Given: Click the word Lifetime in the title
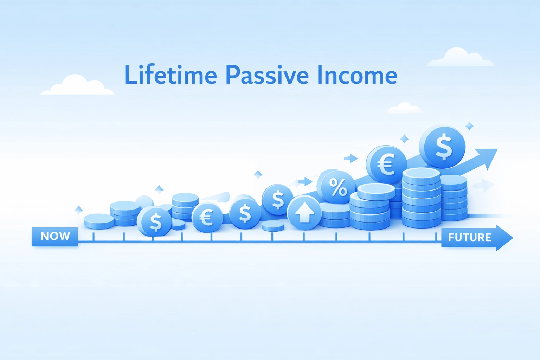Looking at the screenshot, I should coord(171,75).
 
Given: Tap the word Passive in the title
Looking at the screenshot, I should coord(267,75).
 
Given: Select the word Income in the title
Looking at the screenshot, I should coord(357,75).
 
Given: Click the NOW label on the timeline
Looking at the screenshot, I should coord(55,236).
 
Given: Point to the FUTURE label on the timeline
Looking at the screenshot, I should coord(470,238).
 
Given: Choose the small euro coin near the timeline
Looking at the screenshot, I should coord(207,217).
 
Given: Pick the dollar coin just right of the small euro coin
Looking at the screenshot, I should coord(245,213).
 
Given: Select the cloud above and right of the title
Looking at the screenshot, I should coord(460,58).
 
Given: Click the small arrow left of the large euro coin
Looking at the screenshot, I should coord(351,159).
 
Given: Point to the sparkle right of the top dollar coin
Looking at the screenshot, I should coord(469,126).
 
